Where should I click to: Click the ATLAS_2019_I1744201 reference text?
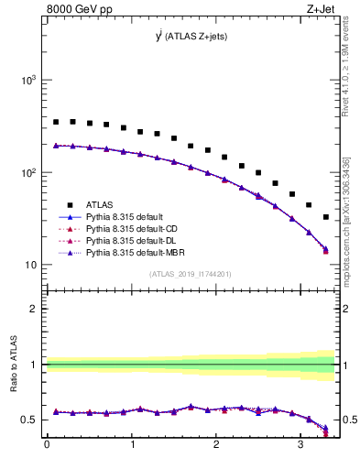tap(191, 274)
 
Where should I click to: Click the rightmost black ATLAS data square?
tap(326, 217)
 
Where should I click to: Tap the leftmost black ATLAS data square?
tap(56, 122)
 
